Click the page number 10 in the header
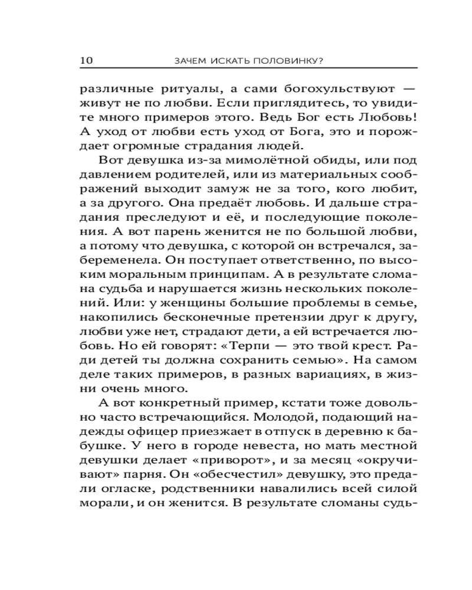coord(87,60)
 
